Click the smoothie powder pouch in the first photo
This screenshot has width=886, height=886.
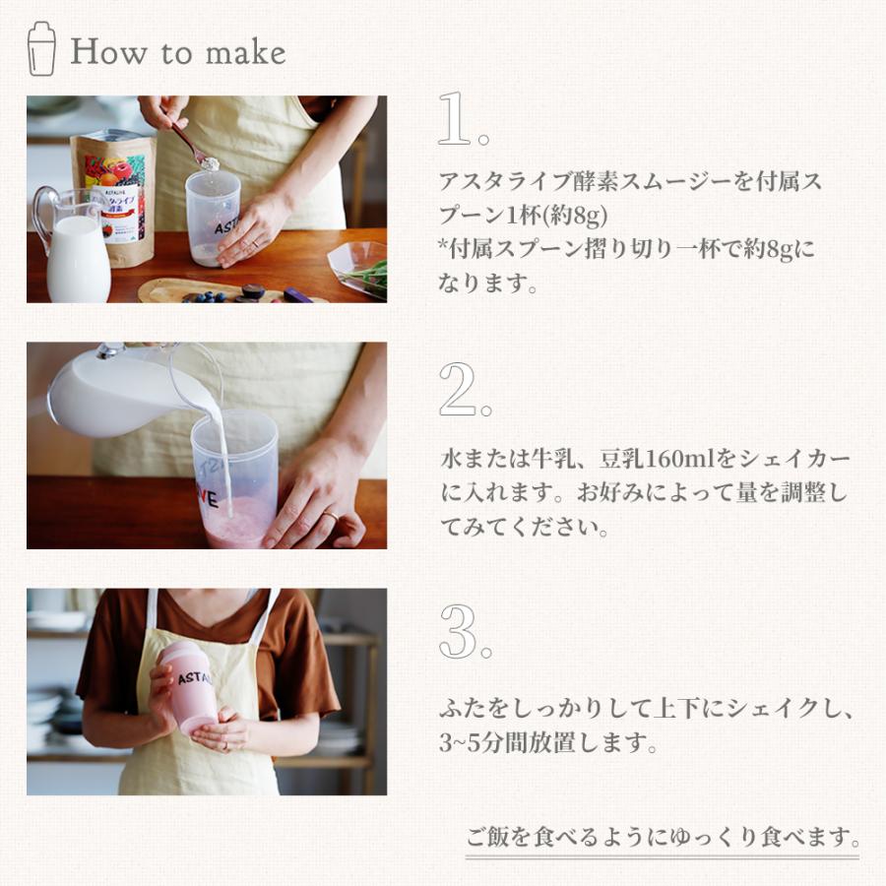click(112, 197)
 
